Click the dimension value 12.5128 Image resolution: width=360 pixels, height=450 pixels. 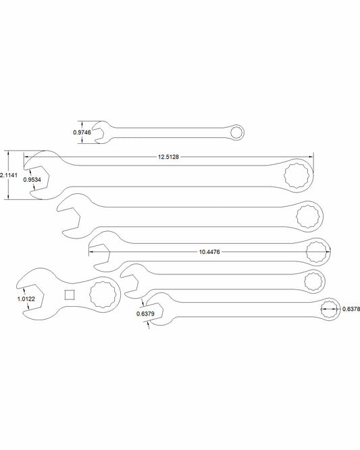click(168, 157)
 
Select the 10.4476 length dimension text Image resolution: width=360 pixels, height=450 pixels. click(209, 252)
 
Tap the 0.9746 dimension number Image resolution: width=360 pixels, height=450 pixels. click(82, 132)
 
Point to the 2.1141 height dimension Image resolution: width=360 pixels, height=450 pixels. click(9, 175)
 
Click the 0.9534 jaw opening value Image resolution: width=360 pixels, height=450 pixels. click(32, 180)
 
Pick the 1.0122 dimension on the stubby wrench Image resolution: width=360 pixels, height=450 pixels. click(26, 299)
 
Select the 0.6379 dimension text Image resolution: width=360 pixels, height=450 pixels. click(145, 314)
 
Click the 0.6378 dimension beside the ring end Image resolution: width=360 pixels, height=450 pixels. click(351, 309)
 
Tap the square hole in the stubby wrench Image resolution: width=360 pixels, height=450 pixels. click(70, 295)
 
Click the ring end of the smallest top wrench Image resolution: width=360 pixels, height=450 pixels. click(237, 132)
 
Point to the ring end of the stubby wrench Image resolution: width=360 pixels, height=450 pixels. click(103, 295)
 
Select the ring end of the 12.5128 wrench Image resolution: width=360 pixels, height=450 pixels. click(297, 176)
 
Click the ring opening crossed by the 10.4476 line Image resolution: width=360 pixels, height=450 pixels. click(317, 252)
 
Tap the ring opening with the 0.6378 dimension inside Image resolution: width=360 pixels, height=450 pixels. click(330, 309)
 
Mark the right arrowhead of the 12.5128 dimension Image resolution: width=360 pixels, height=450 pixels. click(311, 157)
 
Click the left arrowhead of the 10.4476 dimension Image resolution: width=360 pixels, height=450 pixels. click(91, 252)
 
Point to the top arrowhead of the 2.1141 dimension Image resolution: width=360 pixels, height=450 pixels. click(9, 153)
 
